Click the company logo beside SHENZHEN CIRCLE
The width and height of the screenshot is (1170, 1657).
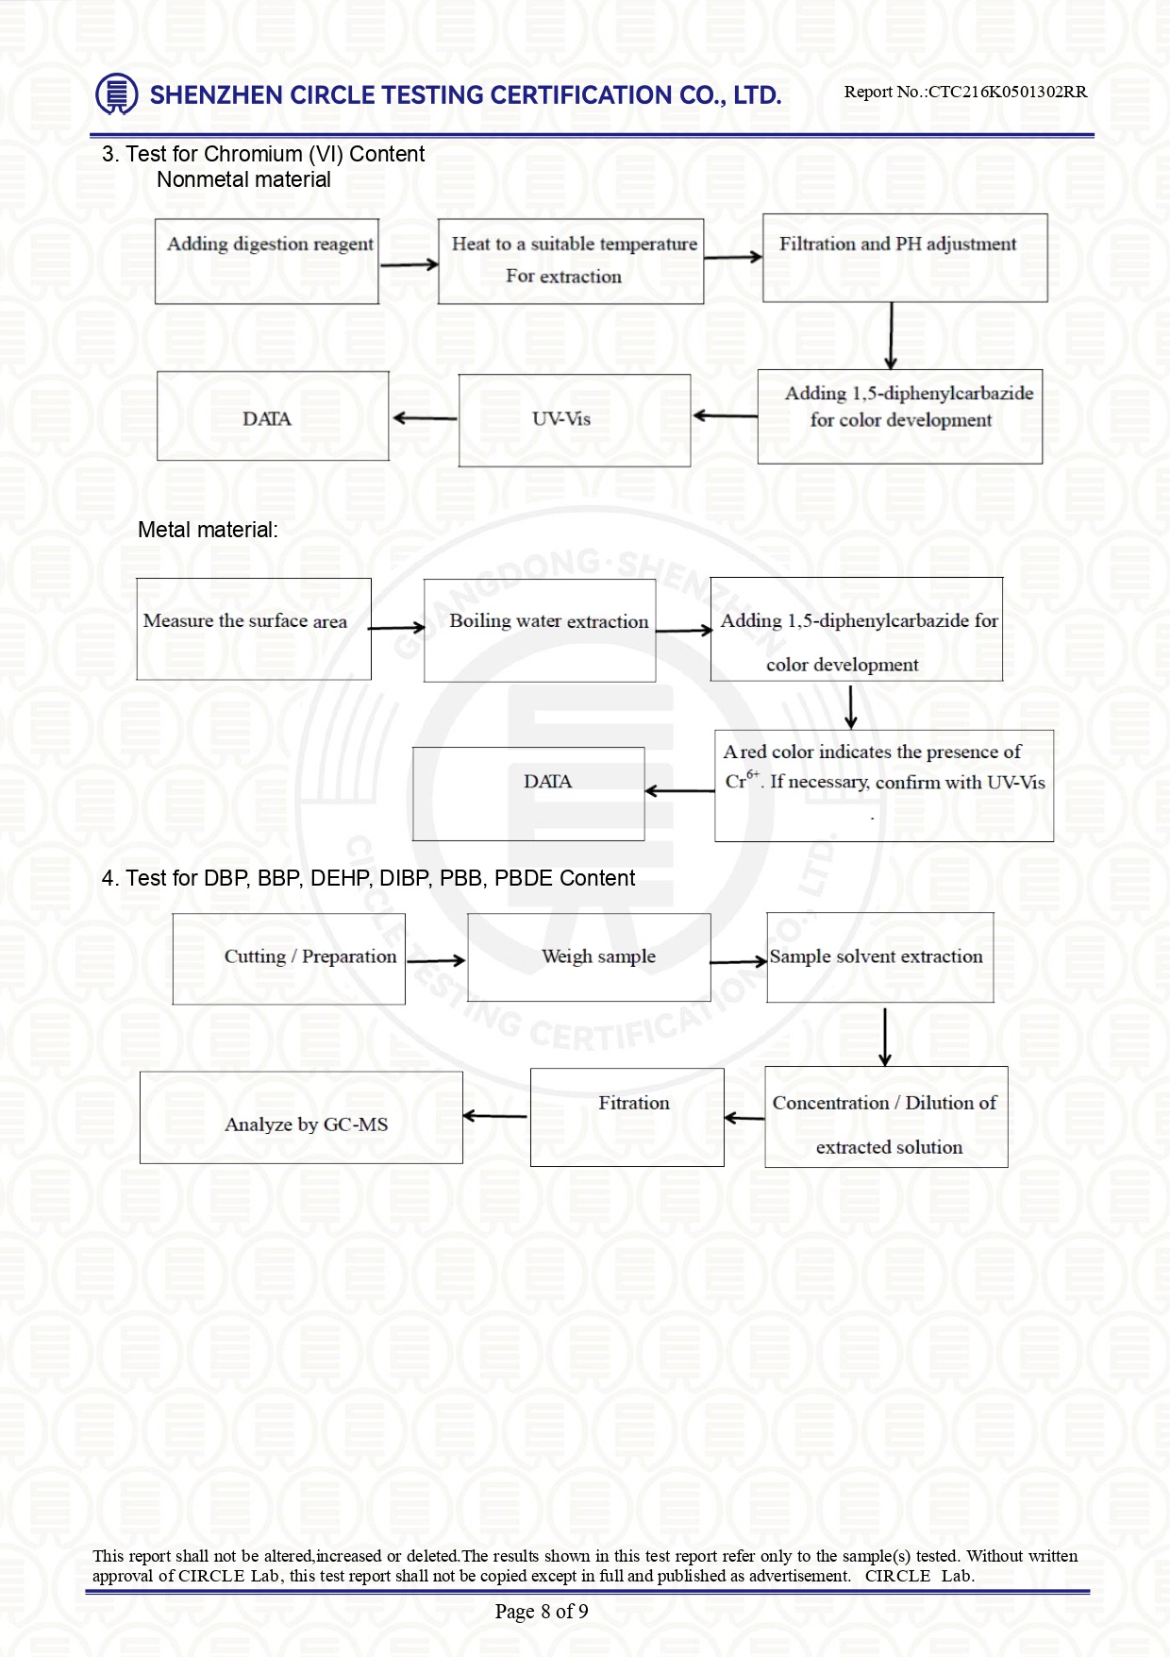pyautogui.click(x=117, y=94)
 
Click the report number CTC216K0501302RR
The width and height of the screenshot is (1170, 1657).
pyautogui.click(x=1008, y=92)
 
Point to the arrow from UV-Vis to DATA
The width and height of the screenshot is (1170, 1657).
pyautogui.click(x=425, y=418)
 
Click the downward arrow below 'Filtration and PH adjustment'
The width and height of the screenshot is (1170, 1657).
pyautogui.click(x=891, y=336)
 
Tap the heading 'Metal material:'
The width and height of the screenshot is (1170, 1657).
pyautogui.click(x=208, y=530)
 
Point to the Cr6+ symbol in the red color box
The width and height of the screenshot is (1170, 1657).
pyautogui.click(x=742, y=780)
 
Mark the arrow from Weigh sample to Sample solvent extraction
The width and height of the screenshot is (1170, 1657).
pyautogui.click(x=739, y=962)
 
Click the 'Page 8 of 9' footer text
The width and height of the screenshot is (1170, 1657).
pyautogui.click(x=542, y=1611)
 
